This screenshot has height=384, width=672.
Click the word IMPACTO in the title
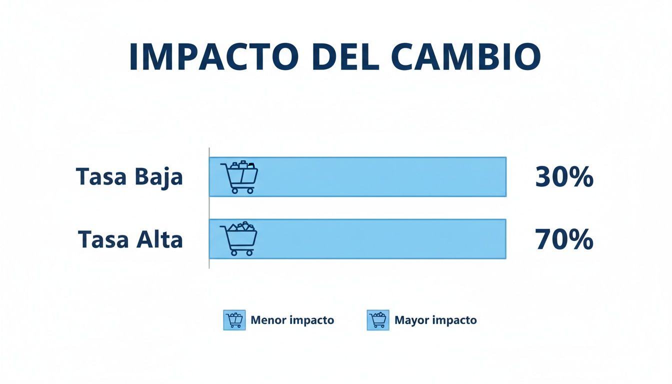point(210,57)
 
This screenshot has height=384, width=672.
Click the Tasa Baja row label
point(129,177)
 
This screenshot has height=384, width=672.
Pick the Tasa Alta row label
point(130,239)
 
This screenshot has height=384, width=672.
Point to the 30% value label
point(564,177)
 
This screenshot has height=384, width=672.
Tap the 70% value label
point(564,239)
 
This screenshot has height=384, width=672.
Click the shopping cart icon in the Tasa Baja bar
point(239,177)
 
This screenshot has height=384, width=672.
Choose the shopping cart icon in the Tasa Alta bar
point(239,239)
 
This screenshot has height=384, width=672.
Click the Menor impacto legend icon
point(234,320)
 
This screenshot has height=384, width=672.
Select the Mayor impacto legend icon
point(378,320)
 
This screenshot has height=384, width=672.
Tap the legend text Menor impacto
point(292,320)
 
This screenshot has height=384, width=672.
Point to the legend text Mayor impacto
point(435,320)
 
